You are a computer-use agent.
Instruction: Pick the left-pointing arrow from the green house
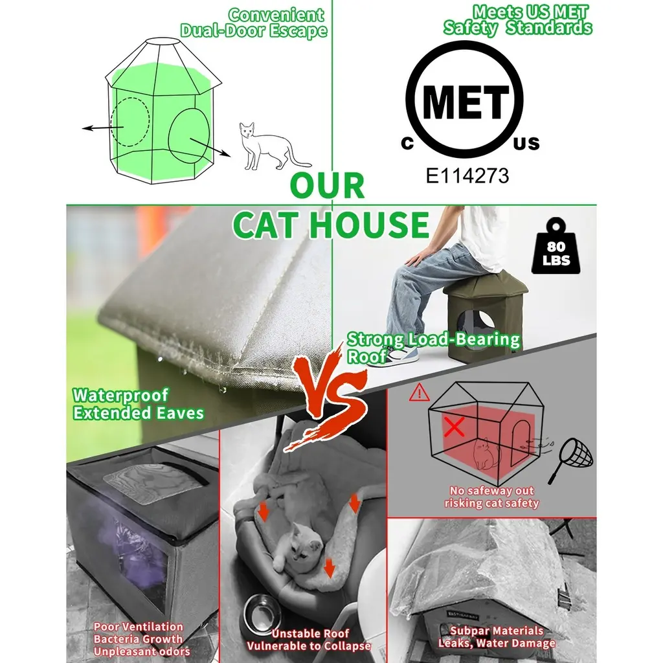[x=103, y=128]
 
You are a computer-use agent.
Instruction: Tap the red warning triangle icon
[x=419, y=392]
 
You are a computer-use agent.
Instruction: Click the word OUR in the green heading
[x=327, y=186]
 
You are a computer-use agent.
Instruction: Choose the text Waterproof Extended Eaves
[x=139, y=404]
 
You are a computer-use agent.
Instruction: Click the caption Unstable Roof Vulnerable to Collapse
[x=309, y=640]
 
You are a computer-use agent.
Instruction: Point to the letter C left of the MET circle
[x=407, y=144]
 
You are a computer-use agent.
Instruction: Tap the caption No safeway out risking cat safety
[x=491, y=497]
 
